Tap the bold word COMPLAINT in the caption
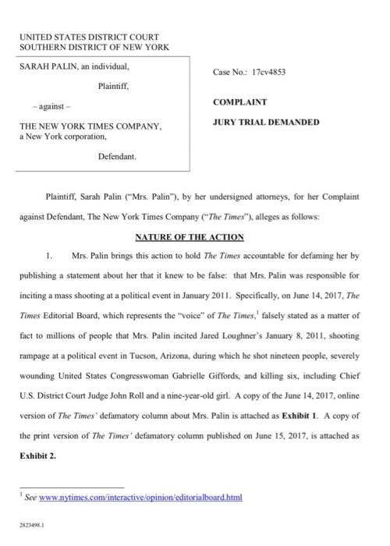pyautogui.click(x=241, y=101)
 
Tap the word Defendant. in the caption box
pyautogui.click(x=117, y=156)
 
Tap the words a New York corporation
pyautogui.click(x=61, y=137)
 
